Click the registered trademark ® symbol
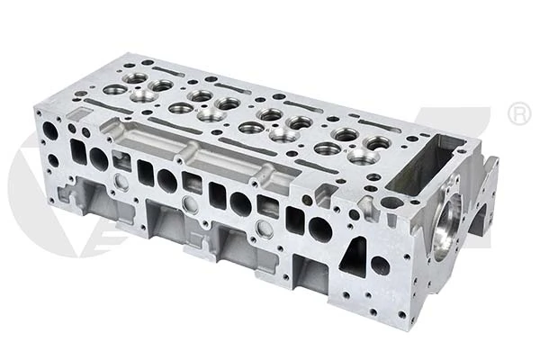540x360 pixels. click(x=519, y=113)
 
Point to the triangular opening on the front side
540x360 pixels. click(x=354, y=256)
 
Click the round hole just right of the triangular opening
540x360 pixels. click(x=381, y=265)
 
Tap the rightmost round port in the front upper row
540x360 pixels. click(x=320, y=228)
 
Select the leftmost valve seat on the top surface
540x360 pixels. click(x=114, y=90)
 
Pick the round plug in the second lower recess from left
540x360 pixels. click(x=190, y=205)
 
